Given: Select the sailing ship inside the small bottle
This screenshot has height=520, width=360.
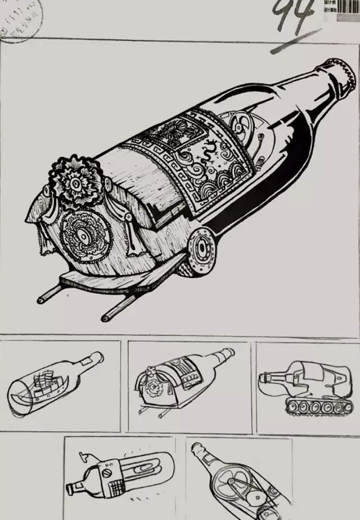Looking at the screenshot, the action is point(45,383).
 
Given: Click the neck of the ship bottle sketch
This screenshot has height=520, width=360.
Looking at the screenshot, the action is point(90,362).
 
